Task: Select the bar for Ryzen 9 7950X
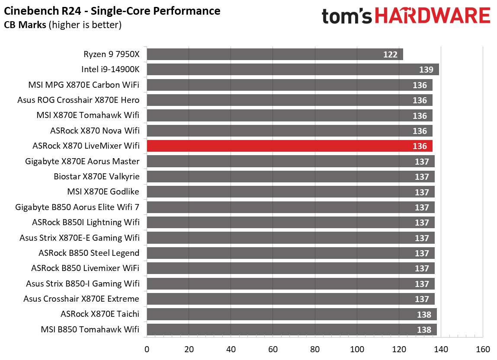[275, 54]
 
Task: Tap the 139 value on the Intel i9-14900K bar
[426, 70]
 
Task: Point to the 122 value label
[390, 54]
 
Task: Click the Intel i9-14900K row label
[110, 70]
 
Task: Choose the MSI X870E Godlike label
[103, 191]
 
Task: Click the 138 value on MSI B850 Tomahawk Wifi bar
[424, 330]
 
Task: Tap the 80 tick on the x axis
[315, 349]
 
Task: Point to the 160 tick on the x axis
[483, 349]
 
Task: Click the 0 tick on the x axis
[147, 349]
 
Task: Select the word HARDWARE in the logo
[433, 16]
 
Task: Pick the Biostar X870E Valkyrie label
[96, 176]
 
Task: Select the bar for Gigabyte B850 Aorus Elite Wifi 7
[290, 207]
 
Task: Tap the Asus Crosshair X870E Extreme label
[81, 299]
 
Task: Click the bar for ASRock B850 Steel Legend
[290, 253]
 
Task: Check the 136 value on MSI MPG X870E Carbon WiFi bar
[420, 85]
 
